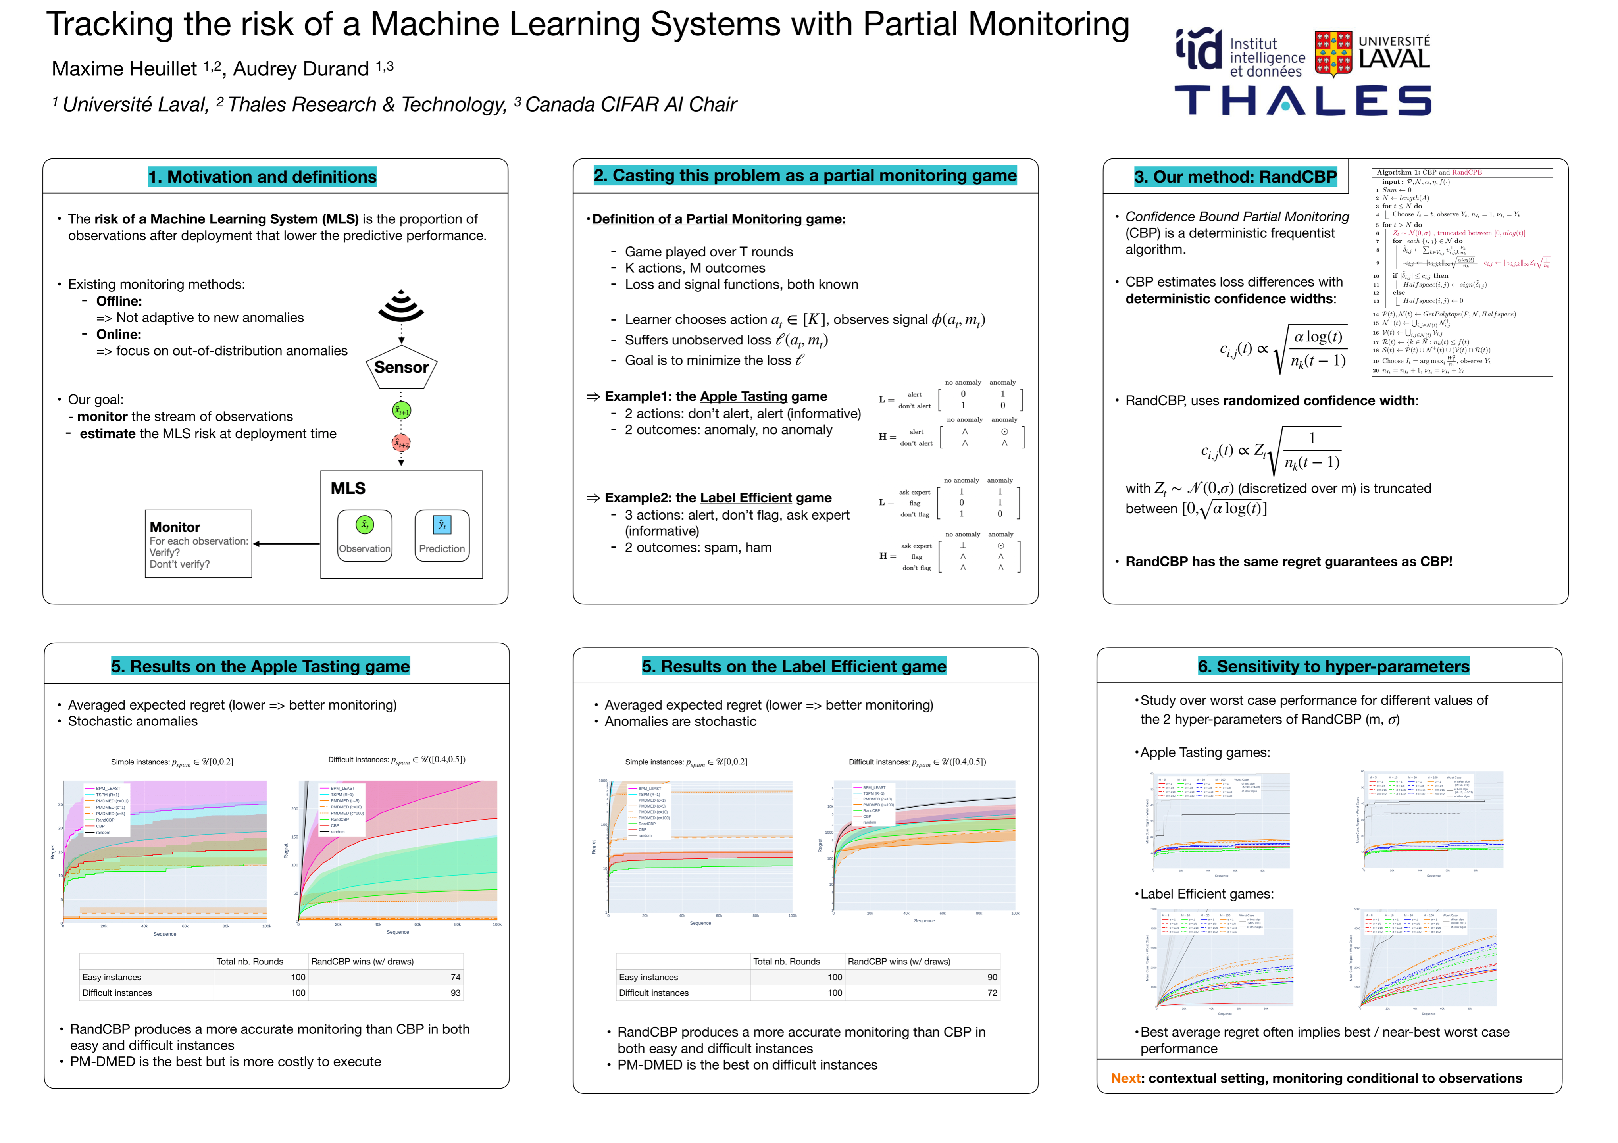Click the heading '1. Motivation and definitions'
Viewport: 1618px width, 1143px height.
coord(262,177)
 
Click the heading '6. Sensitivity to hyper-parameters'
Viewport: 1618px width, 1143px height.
coord(1333,667)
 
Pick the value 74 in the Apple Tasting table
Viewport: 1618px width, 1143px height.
coord(455,978)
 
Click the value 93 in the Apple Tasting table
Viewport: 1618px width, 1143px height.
coord(455,993)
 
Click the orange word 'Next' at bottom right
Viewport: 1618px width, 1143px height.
coord(1125,1078)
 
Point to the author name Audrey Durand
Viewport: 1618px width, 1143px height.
coord(301,69)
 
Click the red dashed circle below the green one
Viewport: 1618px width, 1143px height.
coord(401,443)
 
